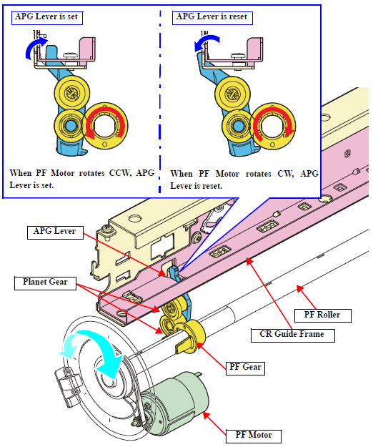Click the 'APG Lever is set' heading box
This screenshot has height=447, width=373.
click(x=47, y=18)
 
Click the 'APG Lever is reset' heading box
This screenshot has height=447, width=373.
click(x=212, y=18)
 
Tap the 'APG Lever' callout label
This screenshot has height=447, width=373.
click(x=55, y=232)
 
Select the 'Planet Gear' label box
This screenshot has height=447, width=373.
click(x=45, y=283)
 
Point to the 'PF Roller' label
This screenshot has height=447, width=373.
click(x=322, y=315)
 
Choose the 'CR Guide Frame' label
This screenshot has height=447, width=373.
click(x=292, y=335)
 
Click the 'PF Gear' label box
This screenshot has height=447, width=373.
click(x=245, y=368)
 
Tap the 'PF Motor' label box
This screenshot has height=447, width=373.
click(x=254, y=436)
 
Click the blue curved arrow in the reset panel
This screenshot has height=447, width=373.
click(x=208, y=40)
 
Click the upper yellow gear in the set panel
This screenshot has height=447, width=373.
click(x=72, y=93)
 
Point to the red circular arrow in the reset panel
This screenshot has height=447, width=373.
click(x=274, y=126)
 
